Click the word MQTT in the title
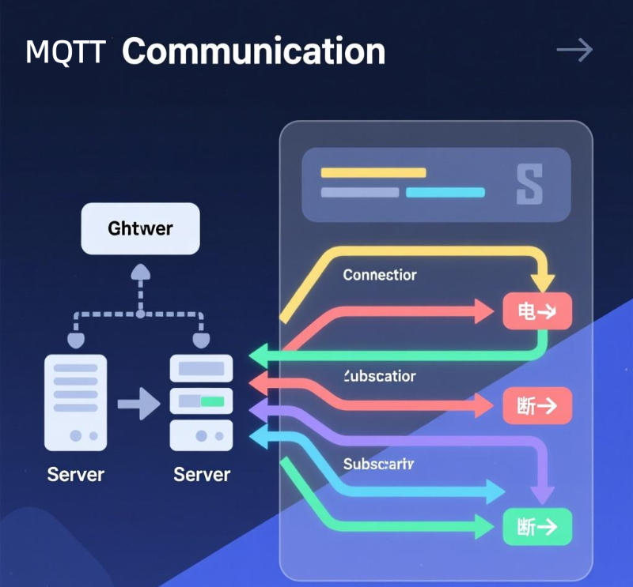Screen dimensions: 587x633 [x=65, y=52]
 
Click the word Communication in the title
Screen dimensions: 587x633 [x=254, y=51]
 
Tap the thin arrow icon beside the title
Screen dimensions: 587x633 [x=574, y=51]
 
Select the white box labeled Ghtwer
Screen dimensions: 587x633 [x=140, y=229]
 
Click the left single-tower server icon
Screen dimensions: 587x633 [x=76, y=403]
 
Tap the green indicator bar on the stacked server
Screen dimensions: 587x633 [x=212, y=401]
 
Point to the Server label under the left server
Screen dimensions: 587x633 [x=76, y=474]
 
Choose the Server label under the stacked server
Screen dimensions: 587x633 [x=202, y=474]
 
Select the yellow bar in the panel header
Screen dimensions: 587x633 [x=373, y=172]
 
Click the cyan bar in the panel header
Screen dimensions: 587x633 [x=445, y=192]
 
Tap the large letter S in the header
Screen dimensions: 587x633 [x=529, y=185]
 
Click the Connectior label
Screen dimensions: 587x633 [x=380, y=275]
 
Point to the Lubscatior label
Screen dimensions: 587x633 [x=380, y=376]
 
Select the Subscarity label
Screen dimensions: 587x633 [x=379, y=465]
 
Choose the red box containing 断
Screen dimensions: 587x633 [x=537, y=406]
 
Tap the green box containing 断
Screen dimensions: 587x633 [x=537, y=527]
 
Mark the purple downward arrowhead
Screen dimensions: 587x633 [x=542, y=493]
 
